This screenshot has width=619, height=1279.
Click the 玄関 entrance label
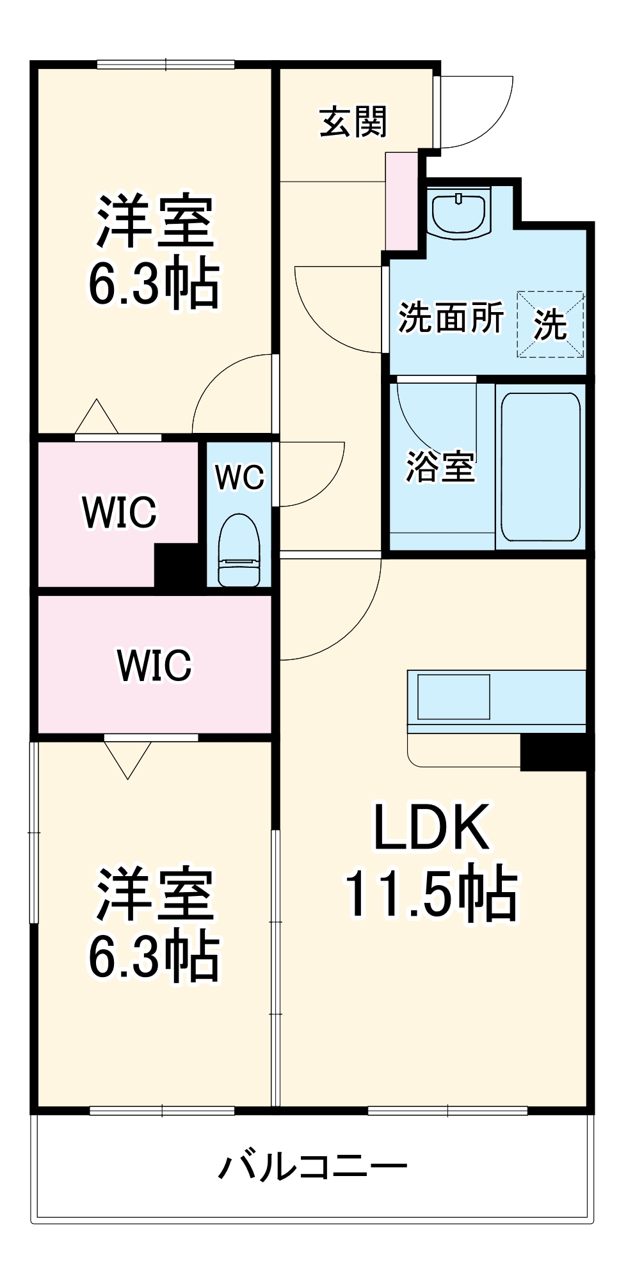point(353,122)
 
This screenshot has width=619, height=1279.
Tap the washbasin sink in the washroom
point(458,214)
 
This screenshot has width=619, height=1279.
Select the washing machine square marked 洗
point(551,324)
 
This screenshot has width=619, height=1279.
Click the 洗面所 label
point(451,317)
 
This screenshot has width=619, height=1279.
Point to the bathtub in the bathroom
point(540,466)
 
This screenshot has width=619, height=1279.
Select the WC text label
point(239,477)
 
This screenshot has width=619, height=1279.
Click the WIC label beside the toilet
point(119,512)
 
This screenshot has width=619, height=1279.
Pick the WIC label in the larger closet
point(154,665)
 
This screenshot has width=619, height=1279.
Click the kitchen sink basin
point(453,696)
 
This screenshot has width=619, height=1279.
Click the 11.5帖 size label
point(432,893)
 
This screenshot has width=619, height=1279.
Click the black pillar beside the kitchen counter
point(554,752)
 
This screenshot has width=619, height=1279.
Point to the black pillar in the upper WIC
point(177,565)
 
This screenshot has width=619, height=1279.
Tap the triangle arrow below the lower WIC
point(128,758)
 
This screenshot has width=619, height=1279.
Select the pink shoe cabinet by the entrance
point(401,201)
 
